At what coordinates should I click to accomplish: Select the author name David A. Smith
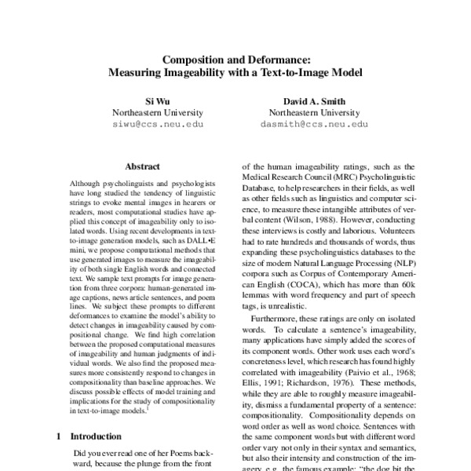coord(314,100)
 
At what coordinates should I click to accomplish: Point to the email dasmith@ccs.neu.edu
coord(314,124)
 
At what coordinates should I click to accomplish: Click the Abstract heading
coord(143,166)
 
